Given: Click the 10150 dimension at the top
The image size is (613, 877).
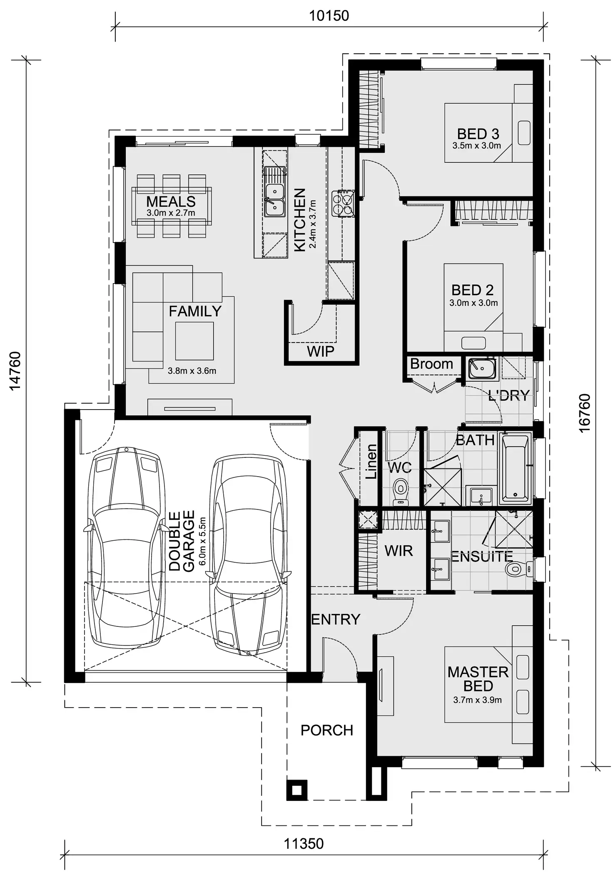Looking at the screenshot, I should coord(329,16).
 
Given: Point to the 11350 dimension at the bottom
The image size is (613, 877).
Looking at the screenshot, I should coord(304,844).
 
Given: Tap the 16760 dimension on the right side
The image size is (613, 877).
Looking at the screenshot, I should coord(585,413).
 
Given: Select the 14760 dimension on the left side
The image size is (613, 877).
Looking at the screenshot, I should coord(15,371).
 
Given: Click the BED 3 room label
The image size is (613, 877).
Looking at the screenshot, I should coord(478,134).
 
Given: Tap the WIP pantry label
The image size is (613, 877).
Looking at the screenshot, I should coord(320,351).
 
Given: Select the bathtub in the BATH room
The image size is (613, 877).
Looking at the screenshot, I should coord(516,467).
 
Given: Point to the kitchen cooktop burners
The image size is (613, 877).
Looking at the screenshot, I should coord(343,203).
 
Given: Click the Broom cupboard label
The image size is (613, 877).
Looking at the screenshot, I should coord(431,364).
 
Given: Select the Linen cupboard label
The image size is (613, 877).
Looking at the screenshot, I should coord(371,461).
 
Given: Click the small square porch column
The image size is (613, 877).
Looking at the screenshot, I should coord(297,790).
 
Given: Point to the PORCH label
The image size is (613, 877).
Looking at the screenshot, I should coord(327,730).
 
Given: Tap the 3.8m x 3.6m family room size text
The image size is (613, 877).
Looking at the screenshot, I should coord(192,371).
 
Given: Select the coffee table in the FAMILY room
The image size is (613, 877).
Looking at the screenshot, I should coord(194,341).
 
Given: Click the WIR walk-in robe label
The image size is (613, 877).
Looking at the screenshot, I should coord(399,551).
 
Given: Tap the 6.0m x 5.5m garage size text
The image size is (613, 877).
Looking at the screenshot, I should coord(202,541).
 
